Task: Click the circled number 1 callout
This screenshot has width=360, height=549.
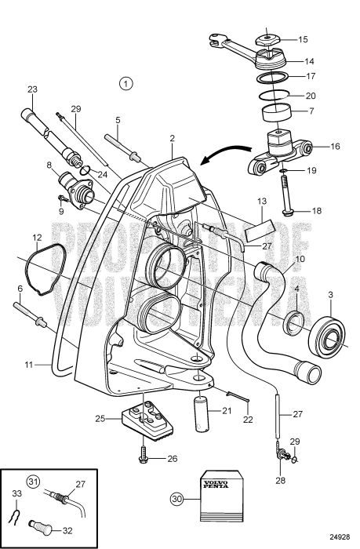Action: pos(127,82)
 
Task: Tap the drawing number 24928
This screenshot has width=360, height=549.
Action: pos(339,537)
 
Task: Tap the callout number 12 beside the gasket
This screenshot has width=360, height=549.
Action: pos(37,238)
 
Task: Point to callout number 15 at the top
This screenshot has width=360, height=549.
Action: pos(304,38)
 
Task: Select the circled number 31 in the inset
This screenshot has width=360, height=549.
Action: pos(32,482)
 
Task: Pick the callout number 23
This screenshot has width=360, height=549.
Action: pos(32,89)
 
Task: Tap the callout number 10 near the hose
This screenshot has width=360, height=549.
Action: pos(300,258)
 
